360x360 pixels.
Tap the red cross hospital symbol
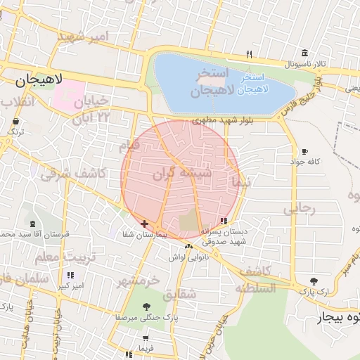(x=145, y=224)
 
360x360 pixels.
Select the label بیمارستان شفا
(x=144, y=234)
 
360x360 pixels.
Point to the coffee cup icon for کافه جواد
(x=304, y=151)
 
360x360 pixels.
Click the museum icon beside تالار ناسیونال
(x=304, y=53)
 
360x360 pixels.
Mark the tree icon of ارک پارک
(x=314, y=281)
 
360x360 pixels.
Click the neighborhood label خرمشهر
(x=139, y=281)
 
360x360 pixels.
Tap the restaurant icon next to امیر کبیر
(x=70, y=275)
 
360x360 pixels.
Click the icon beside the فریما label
(x=127, y=338)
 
